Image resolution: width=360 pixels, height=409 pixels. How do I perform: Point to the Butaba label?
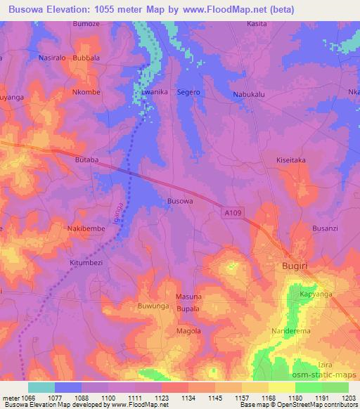click(x=87, y=160)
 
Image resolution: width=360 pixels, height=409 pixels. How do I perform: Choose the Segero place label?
click(x=189, y=92)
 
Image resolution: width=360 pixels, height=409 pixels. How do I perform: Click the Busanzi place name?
click(x=326, y=229)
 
